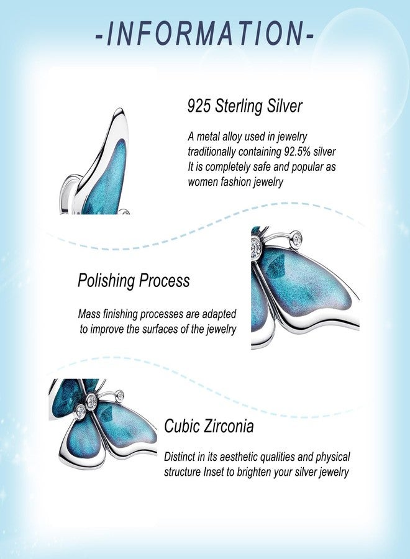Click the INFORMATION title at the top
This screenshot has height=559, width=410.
pyautogui.click(x=205, y=34)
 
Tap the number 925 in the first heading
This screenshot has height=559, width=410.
pyautogui.click(x=199, y=106)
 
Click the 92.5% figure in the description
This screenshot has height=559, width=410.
pyautogui.click(x=297, y=152)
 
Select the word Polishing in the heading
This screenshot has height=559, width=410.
pyautogui.click(x=106, y=281)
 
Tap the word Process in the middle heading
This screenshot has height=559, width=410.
pyautogui.click(x=164, y=280)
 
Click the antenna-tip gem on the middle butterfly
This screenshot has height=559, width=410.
pyautogui.click(x=296, y=237)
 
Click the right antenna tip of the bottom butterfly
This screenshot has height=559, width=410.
pyautogui.click(x=120, y=396)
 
